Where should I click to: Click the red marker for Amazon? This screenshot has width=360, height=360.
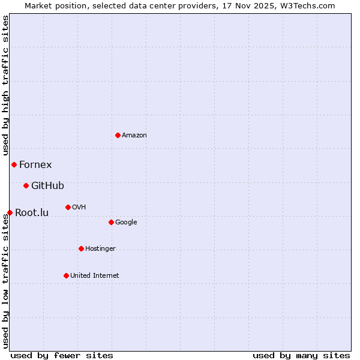[118, 135]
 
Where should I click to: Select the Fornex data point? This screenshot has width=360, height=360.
[14, 164]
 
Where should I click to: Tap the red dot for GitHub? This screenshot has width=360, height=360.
[26, 185]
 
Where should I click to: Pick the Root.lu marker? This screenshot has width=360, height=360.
[10, 212]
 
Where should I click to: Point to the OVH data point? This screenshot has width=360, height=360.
[68, 207]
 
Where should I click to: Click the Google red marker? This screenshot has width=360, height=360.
[111, 222]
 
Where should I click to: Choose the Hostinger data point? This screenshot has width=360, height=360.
[81, 248]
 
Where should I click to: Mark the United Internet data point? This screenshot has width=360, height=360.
[66, 275]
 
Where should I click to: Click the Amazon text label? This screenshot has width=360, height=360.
[134, 135]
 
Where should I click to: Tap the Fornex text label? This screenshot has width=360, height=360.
[35, 164]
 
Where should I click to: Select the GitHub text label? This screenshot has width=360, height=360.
[47, 185]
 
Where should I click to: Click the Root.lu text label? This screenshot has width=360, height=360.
[32, 212]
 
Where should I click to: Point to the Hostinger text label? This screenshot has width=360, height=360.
[100, 248]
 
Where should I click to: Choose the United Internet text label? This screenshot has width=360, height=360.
[95, 275]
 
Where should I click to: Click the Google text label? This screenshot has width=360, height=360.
[126, 222]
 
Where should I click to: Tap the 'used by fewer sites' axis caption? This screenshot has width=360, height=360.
[62, 355]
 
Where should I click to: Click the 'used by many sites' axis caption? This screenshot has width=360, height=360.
[301, 355]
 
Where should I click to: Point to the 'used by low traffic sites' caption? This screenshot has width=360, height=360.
[5, 281]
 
